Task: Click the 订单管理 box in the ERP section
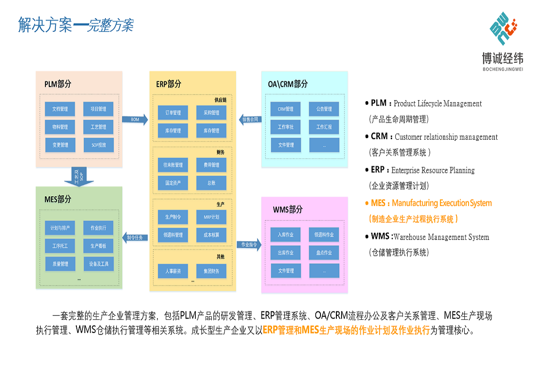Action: [x=173, y=113]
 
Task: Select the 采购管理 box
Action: [x=211, y=113]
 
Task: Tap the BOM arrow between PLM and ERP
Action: [x=134, y=120]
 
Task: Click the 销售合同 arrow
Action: [x=249, y=119]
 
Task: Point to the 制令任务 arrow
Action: [x=135, y=237]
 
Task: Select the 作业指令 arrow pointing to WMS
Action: [x=248, y=245]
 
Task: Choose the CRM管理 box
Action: [x=285, y=109]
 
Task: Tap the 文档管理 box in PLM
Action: [x=60, y=109]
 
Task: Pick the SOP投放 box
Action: [x=98, y=145]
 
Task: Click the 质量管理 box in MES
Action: [x=60, y=264]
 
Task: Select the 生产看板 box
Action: [x=98, y=246]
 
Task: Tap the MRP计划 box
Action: [x=211, y=217]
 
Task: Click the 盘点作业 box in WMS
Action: [x=324, y=252]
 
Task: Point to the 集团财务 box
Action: [x=211, y=271]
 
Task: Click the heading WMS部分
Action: [x=288, y=209]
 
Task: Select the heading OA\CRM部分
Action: [x=288, y=84]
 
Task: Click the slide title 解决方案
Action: [x=45, y=25]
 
